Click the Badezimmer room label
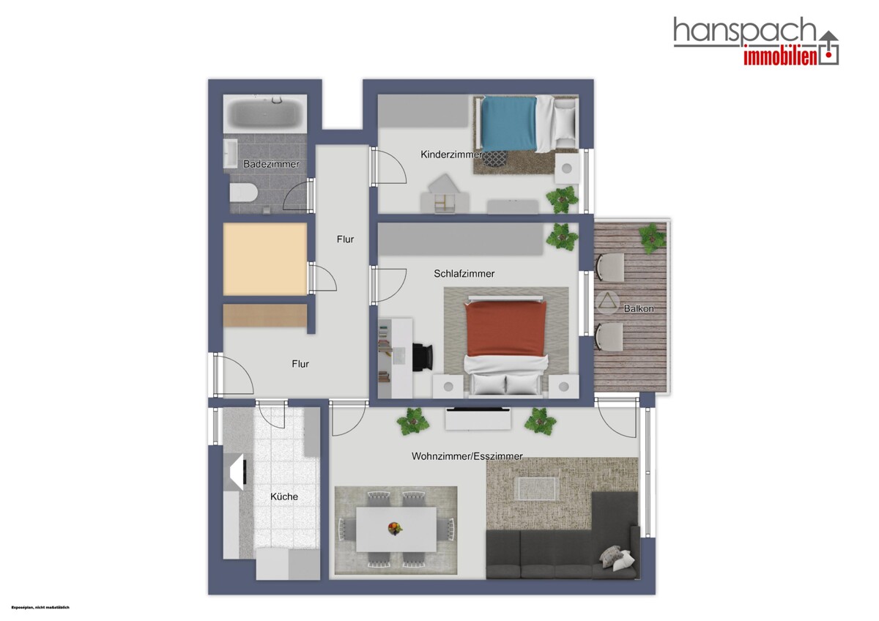point(271,164)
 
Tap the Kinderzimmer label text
point(451,155)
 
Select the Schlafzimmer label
point(464,273)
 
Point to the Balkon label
point(639,309)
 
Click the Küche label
point(284,497)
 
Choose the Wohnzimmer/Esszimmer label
point(467,456)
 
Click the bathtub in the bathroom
point(265,112)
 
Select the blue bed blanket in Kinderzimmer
point(509,124)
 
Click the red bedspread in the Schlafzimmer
point(505,328)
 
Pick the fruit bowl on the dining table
point(395,529)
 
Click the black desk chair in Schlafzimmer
point(423,357)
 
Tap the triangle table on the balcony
point(607,302)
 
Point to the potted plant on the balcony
point(652,238)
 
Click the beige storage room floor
point(265,259)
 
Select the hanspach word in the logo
point(744,31)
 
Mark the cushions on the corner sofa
point(617,558)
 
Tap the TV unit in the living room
point(478,419)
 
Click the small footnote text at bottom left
point(40,608)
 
